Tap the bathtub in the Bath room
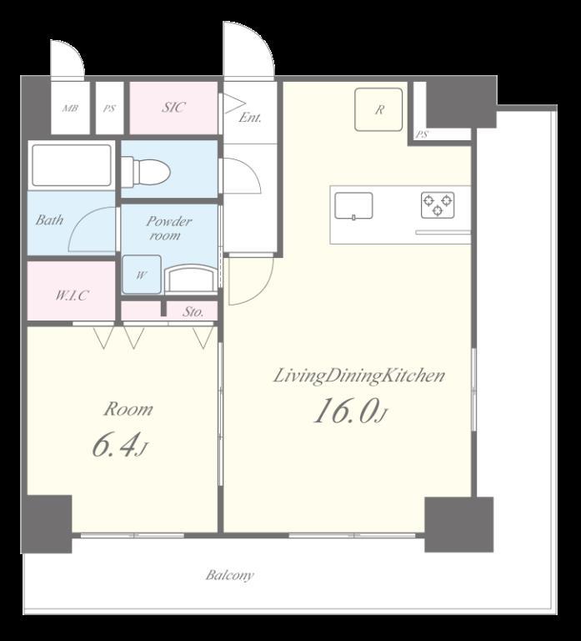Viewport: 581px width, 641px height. click(72, 164)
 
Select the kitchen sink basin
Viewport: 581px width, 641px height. click(353, 205)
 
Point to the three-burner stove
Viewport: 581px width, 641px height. click(438, 204)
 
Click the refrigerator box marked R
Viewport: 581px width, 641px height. click(378, 109)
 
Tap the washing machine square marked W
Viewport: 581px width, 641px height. click(142, 275)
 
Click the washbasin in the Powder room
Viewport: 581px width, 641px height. click(191, 279)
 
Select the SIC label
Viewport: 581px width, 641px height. click(173, 107)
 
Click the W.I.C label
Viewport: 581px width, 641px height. click(72, 295)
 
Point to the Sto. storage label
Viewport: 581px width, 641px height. click(193, 312)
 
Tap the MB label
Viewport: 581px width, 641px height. click(70, 109)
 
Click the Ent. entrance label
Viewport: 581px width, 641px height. click(250, 118)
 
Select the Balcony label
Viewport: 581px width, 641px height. click(229, 575)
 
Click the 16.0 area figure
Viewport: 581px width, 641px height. click(345, 411)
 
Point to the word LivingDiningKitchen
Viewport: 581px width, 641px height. click(358, 376)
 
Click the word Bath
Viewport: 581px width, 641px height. click(49, 220)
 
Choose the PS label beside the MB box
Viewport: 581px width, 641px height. click(109, 109)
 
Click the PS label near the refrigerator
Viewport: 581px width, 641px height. click(422, 134)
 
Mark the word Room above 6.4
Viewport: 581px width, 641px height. click(128, 409)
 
